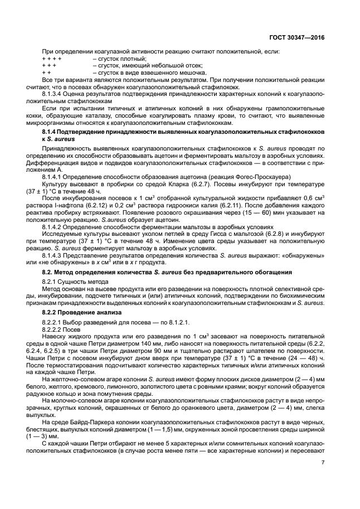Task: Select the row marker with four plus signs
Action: pyautogui.click(x=51, y=59)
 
